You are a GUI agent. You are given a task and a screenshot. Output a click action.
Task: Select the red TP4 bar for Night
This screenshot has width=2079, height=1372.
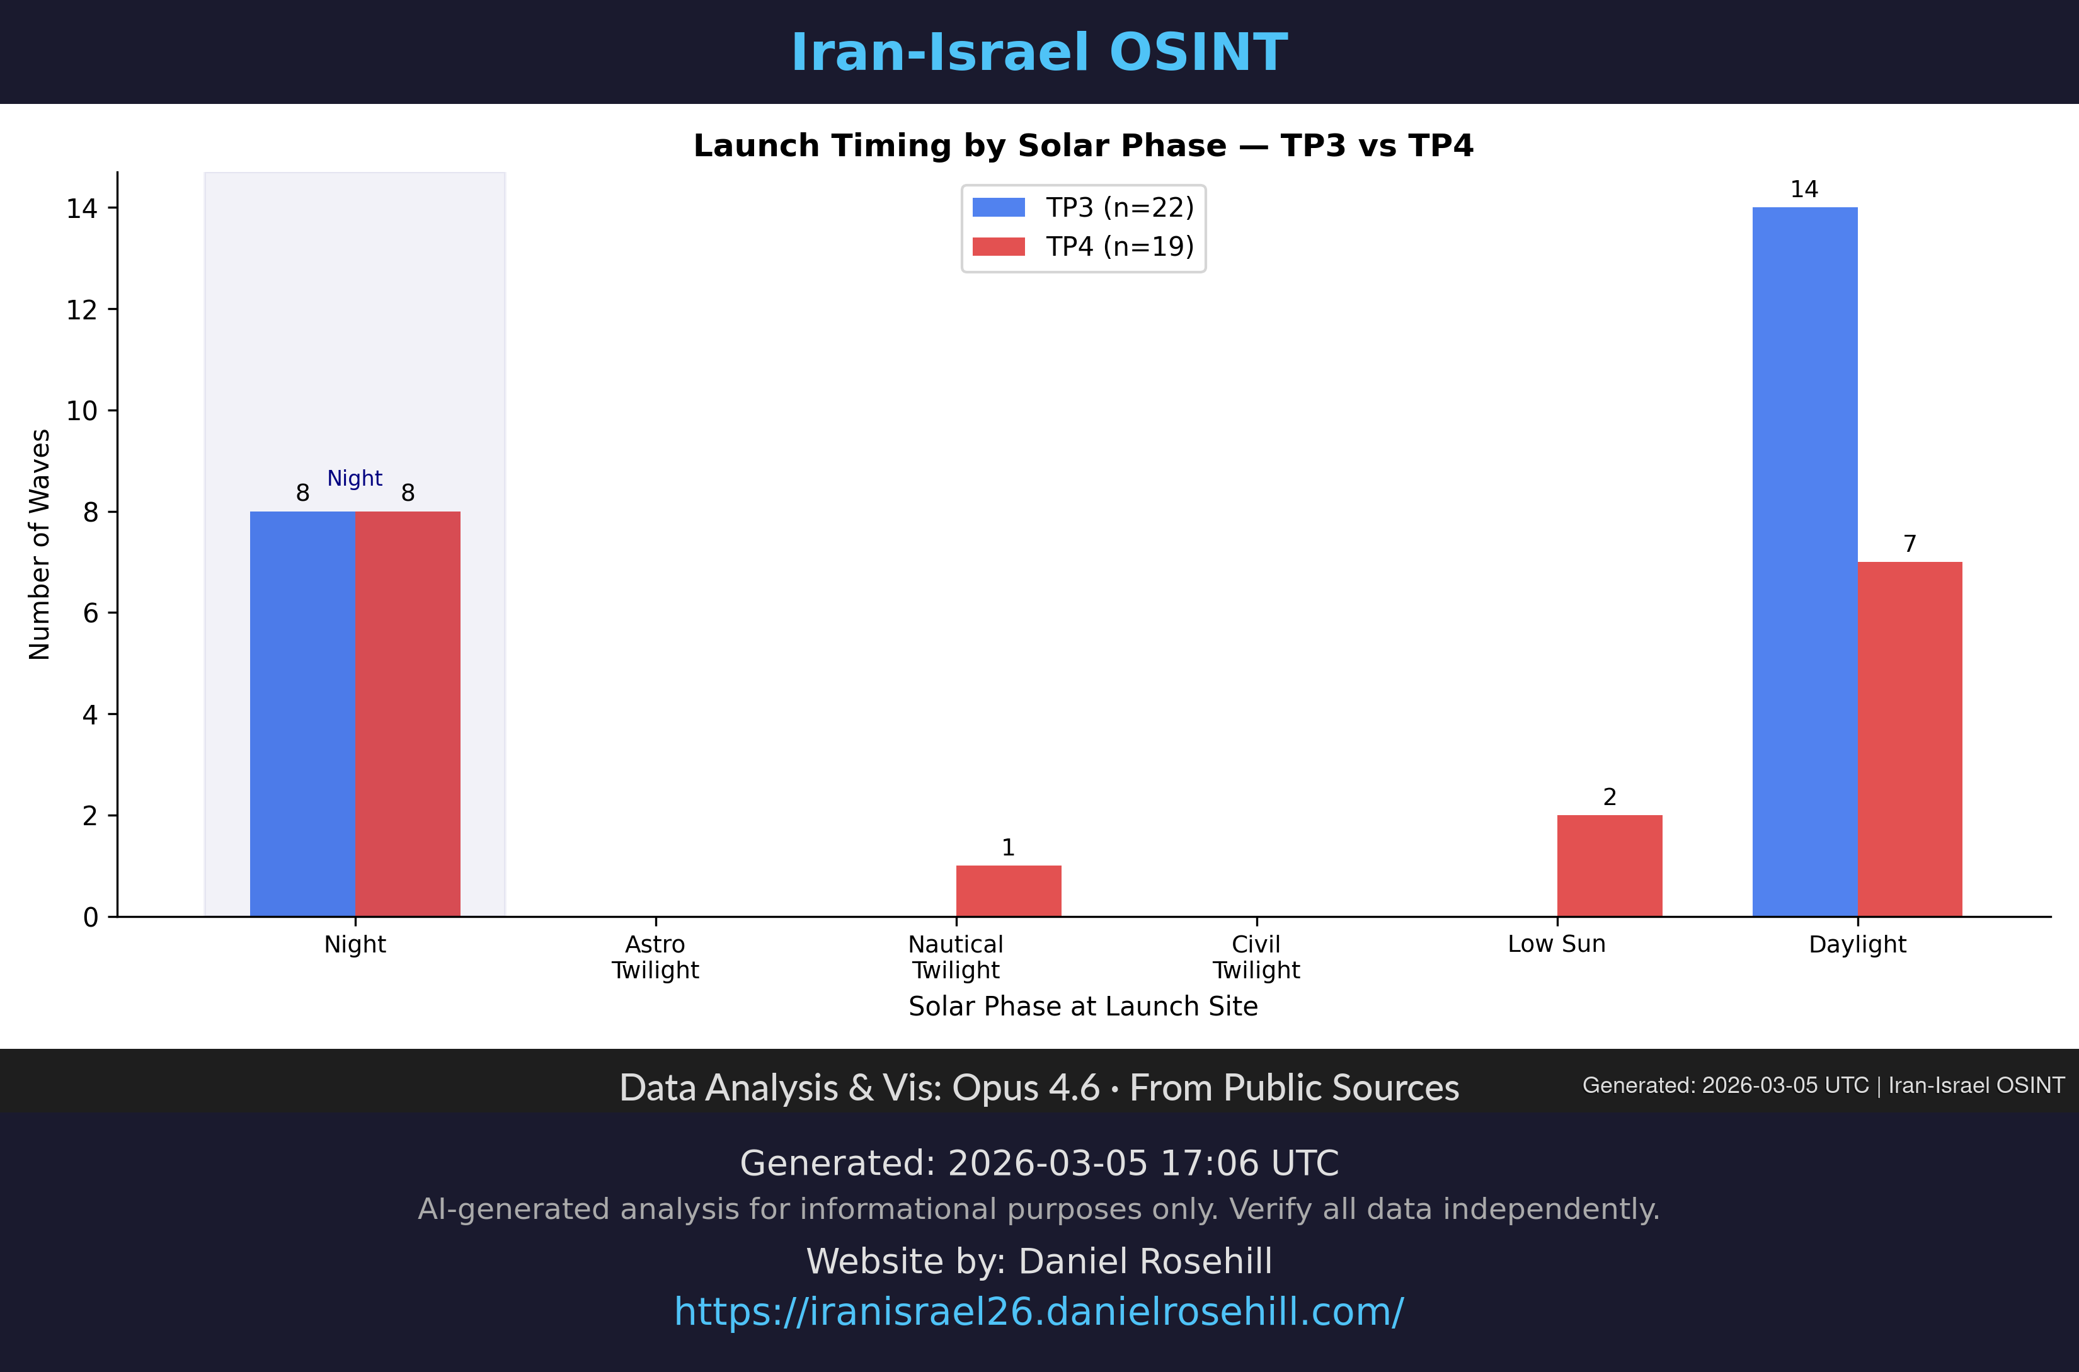pos(408,713)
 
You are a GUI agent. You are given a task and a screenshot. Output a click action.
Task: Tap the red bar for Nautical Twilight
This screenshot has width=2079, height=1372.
pos(1008,891)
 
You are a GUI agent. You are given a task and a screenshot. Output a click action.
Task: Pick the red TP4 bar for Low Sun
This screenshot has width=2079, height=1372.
pos(1609,866)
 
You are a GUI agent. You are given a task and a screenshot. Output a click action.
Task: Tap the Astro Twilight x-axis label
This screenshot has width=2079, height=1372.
pos(655,958)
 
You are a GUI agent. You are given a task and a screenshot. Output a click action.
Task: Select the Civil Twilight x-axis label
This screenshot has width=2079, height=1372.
pos(1256,958)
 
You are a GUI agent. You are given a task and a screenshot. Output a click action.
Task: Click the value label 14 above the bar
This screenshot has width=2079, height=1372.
pos(1804,190)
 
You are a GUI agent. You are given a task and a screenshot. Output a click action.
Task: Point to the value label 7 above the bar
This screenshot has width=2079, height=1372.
pos(1910,544)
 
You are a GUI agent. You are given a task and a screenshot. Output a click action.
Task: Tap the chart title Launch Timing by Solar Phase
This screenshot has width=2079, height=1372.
pos(1083,146)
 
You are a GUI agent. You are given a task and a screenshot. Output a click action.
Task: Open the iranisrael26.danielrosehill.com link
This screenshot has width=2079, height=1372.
pos(1039,1312)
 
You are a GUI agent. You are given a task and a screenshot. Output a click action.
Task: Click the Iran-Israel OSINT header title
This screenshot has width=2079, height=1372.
pos(1039,52)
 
